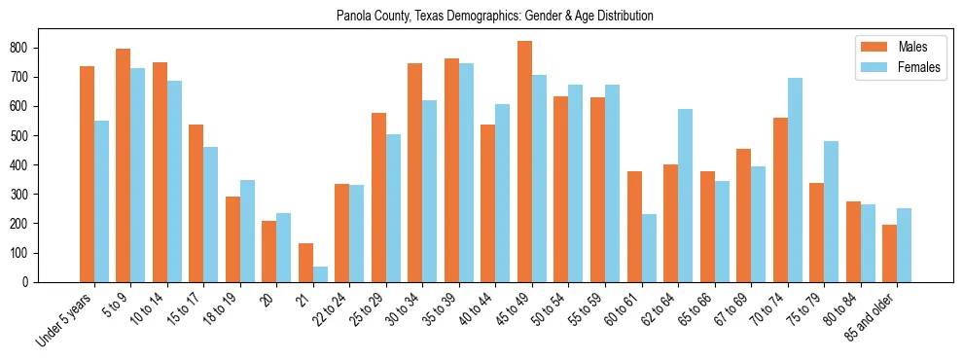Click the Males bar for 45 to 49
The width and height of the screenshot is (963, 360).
525,162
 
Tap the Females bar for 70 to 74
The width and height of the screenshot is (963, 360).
795,180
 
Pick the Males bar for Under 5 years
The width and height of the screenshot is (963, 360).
88,174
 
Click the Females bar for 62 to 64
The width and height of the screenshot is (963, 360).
686,196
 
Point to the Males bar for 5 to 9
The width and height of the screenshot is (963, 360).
124,165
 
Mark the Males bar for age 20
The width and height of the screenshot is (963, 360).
269,251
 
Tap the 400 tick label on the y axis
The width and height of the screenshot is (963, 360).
29,164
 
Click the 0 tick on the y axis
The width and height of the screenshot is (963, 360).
35,282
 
